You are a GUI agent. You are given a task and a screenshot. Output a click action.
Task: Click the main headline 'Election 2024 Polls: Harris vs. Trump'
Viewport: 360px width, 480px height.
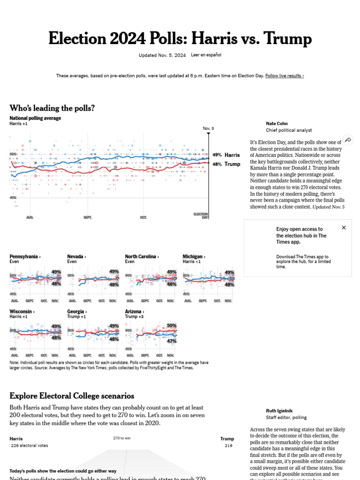(180, 38)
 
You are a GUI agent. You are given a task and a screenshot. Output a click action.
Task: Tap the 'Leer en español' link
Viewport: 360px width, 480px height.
(206, 55)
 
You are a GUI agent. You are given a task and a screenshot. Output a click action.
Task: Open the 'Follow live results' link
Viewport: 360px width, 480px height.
(284, 75)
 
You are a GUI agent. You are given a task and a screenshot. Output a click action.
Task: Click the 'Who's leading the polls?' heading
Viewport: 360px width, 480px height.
(52, 108)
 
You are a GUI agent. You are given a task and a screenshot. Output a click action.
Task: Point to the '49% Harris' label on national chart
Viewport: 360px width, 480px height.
(226, 155)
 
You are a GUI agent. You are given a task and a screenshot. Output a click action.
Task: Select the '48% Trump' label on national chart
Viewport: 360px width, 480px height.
(226, 164)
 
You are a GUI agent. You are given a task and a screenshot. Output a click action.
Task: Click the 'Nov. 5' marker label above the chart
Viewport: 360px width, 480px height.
(208, 128)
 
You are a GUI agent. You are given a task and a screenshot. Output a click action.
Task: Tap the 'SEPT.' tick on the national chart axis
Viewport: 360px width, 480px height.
(88, 217)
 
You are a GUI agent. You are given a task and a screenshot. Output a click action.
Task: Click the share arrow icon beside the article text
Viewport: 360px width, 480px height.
(348, 140)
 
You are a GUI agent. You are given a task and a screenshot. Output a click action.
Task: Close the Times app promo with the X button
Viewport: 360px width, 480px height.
(344, 227)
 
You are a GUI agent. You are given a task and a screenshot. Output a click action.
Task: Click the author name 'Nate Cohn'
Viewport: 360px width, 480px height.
(277, 124)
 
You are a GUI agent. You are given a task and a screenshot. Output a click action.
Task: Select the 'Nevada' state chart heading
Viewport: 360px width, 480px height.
(76, 256)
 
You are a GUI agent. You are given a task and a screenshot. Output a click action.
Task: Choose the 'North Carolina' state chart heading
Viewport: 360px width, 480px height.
(142, 256)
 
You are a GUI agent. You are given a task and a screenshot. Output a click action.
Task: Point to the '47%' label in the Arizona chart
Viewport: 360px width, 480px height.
(172, 341)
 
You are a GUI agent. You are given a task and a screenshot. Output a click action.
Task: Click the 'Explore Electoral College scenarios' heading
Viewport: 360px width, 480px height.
(72, 396)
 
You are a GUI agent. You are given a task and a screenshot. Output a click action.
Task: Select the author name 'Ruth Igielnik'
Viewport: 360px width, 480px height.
(280, 411)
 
